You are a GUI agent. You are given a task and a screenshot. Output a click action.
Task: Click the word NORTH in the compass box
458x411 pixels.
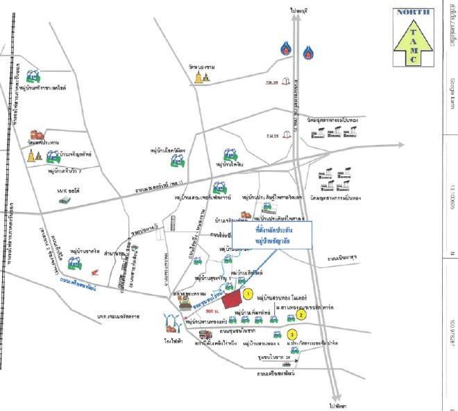[x=414, y=12]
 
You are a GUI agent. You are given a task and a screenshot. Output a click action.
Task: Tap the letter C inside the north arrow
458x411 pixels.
[x=414, y=59]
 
